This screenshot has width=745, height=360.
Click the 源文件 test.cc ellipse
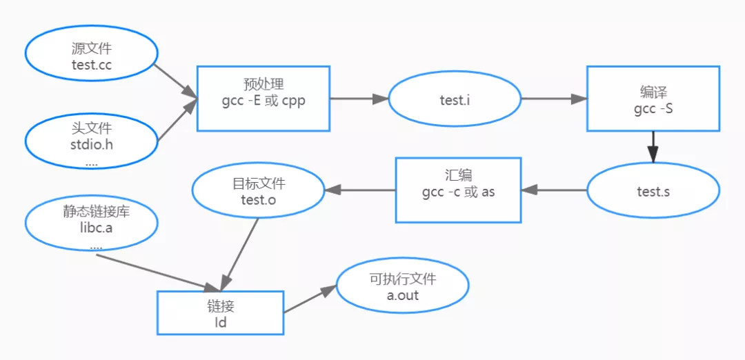[92, 57]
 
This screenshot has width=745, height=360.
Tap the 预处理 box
[264, 98]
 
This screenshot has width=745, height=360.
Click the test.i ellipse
[455, 99]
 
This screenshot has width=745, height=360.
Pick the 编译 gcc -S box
[653, 99]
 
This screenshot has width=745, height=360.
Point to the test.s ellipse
[653, 191]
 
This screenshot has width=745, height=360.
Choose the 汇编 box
[458, 190]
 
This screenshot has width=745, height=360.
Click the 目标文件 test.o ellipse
[258, 191]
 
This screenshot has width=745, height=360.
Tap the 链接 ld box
[221, 313]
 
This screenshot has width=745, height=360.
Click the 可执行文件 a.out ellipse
[403, 286]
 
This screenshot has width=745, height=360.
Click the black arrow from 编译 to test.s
[653, 147]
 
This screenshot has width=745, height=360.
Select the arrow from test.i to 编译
[553, 99]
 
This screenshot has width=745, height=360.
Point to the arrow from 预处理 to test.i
[359, 99]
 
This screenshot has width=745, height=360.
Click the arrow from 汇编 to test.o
[359, 190]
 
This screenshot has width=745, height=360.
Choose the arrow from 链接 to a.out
[309, 300]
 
